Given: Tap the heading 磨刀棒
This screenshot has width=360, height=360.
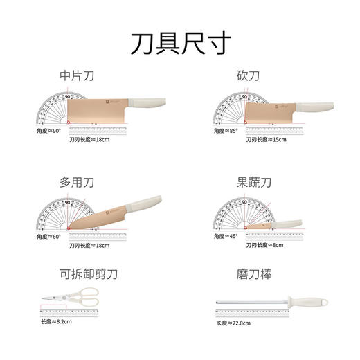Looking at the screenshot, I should point(252,276).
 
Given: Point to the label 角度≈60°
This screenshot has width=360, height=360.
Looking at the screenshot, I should point(49,235).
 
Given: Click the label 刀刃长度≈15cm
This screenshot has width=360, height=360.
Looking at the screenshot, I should point(267,139).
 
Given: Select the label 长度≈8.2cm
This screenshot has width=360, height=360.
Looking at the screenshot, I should point(60,322).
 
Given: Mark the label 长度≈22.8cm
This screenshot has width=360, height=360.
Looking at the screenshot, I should point(235,322).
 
